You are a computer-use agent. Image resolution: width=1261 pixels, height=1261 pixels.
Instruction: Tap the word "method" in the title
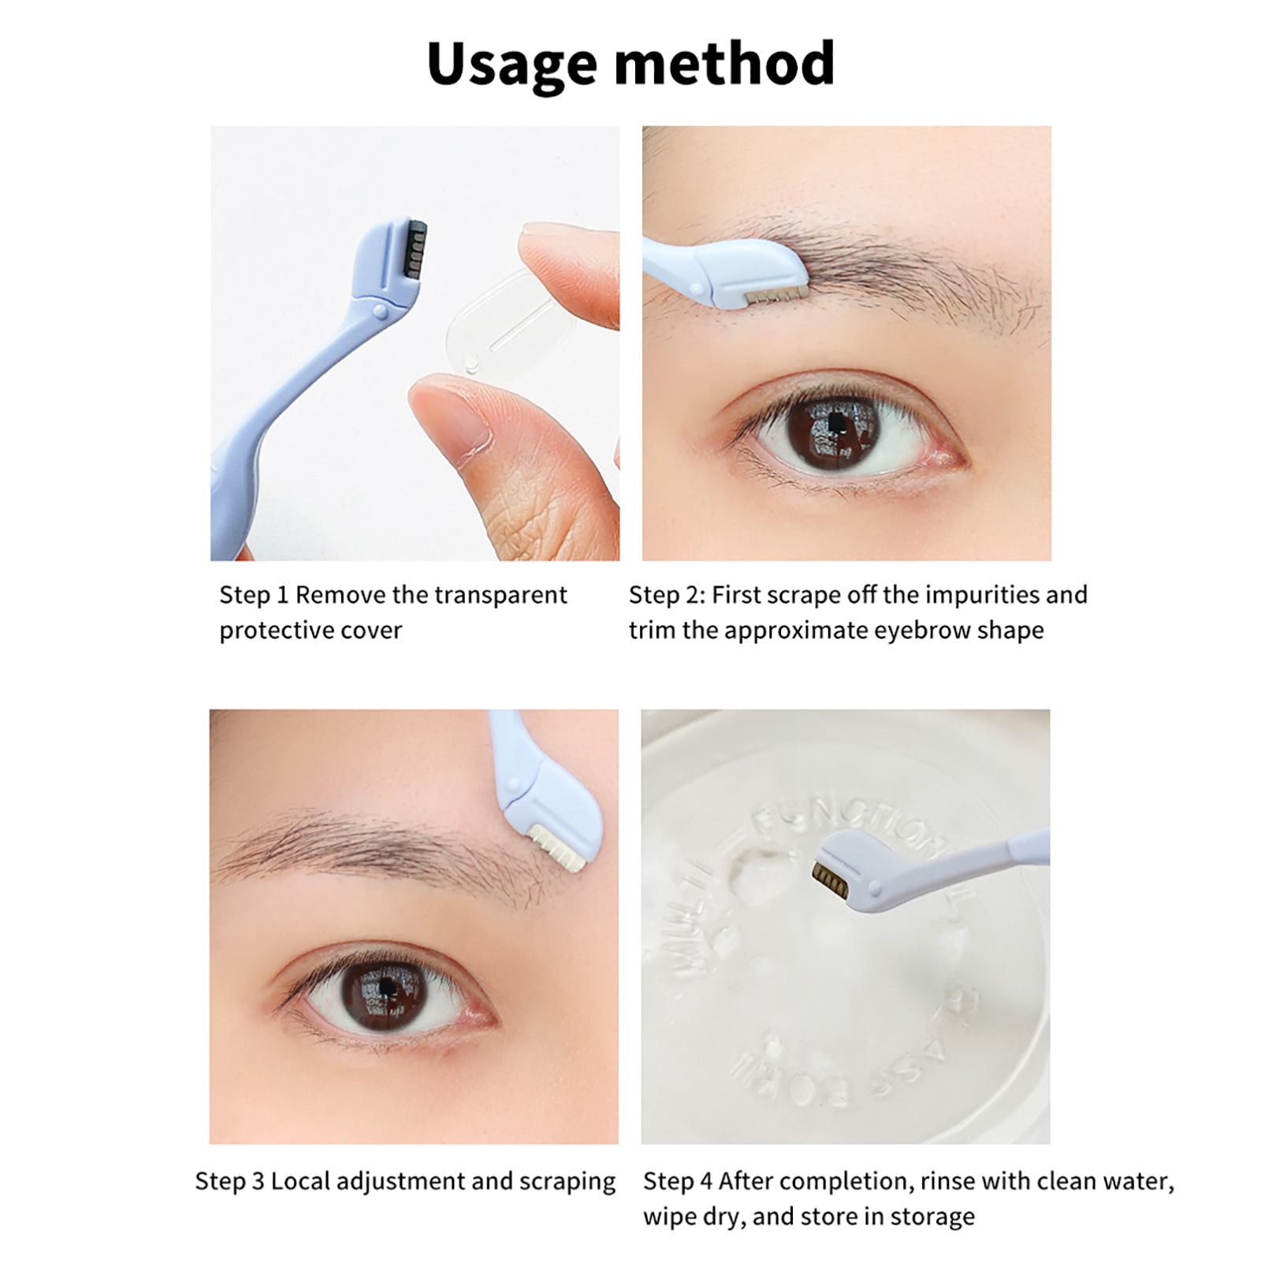pos(723,63)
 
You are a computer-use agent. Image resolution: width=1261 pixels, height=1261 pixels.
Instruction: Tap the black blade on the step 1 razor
pos(415,249)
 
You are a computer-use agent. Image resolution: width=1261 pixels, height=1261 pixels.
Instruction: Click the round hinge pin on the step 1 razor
pos(380,312)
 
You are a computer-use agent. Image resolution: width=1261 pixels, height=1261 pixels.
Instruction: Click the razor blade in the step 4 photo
pos(830,879)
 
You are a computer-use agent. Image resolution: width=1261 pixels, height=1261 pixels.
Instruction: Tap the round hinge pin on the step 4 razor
pos(873,890)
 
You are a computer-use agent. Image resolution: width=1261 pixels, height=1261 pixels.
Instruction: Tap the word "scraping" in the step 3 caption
pos(567,1182)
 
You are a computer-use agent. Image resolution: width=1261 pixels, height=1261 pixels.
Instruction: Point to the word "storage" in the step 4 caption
pos(932,1218)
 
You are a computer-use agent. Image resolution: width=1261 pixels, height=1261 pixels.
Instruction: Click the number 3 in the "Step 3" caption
pos(257,1181)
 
